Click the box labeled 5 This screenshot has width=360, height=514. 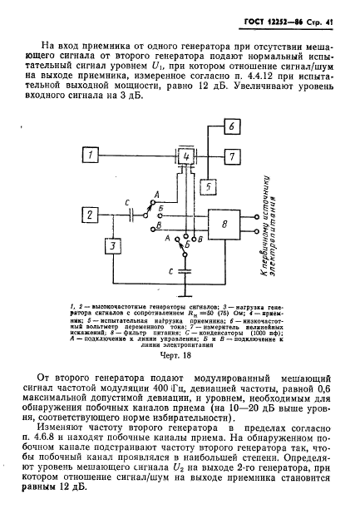click(208, 186)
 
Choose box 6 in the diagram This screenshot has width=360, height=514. click(233, 126)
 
